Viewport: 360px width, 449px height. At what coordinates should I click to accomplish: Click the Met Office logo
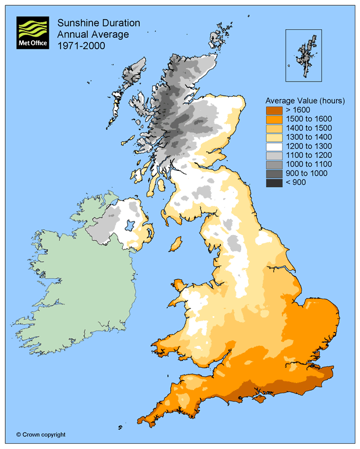pos(33,33)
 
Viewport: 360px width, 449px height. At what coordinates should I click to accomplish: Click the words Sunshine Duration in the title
pos(98,23)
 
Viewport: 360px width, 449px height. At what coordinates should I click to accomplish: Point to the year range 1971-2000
pos(81,45)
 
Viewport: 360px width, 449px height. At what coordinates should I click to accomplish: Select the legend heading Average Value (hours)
pos(305,100)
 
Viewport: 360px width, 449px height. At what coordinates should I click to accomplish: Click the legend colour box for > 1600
pos(274,110)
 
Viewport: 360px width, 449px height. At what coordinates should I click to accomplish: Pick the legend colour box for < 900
pos(274,183)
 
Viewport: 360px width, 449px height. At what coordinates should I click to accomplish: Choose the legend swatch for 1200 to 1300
pos(274,146)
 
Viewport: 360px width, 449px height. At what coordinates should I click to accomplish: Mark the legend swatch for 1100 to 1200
pos(274,156)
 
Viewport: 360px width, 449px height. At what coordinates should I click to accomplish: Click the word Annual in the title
pos(72,34)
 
